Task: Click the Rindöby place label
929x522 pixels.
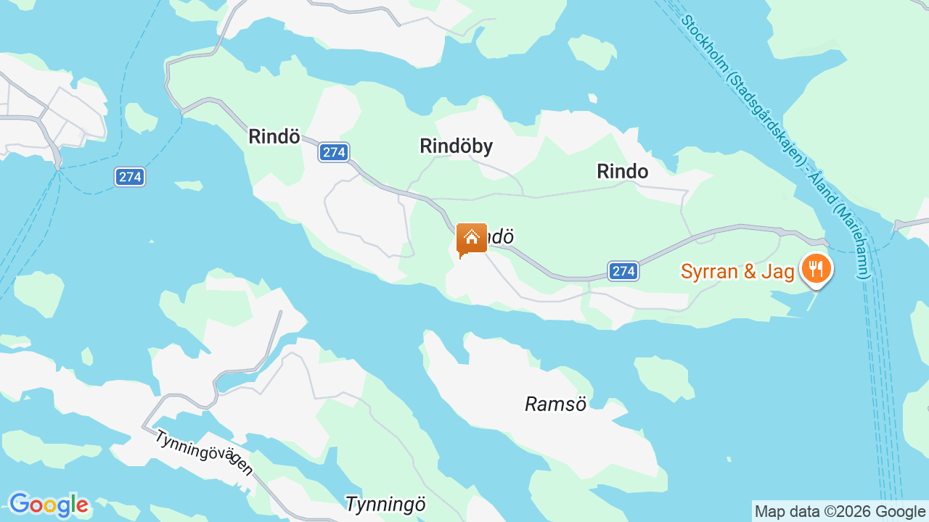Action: click(456, 146)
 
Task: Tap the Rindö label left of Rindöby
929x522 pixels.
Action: click(274, 136)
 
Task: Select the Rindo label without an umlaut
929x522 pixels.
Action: click(622, 171)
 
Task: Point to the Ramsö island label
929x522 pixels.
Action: click(555, 404)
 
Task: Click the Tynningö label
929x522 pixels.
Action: click(385, 504)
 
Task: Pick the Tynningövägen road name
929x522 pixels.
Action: click(204, 452)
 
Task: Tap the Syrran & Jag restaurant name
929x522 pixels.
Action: click(737, 271)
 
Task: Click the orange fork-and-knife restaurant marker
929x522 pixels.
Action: click(817, 269)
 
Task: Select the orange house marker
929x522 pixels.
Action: click(471, 239)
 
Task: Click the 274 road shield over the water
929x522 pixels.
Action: click(130, 176)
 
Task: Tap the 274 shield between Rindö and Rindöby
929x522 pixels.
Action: click(334, 152)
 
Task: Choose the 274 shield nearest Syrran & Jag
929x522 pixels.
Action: click(623, 271)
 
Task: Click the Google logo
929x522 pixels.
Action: click(49, 505)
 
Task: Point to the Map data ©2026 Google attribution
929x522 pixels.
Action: click(840, 511)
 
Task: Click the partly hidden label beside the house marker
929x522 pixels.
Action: click(500, 237)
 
